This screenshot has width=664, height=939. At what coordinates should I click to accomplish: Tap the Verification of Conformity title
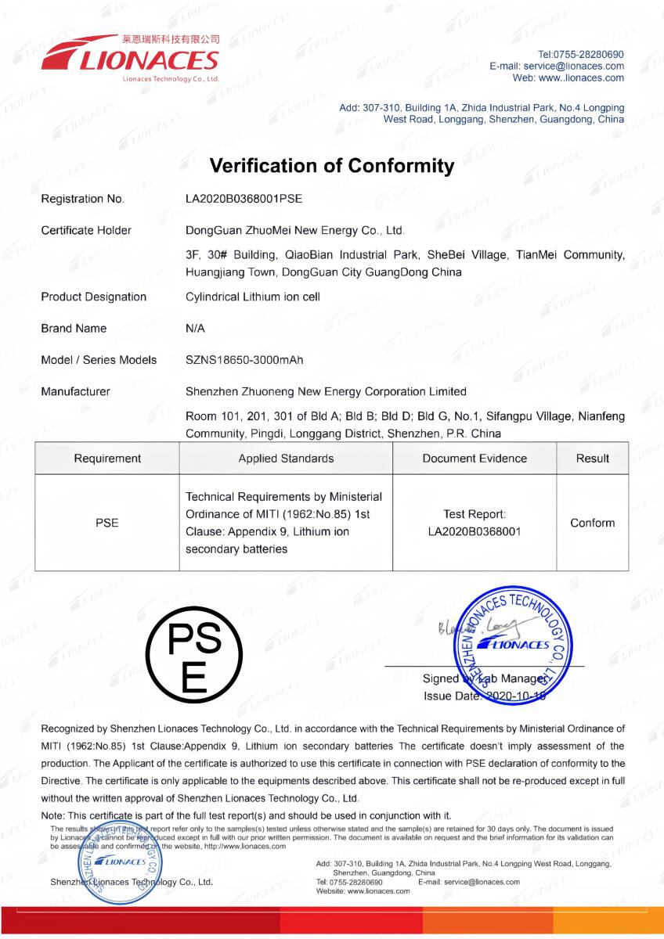[332, 166]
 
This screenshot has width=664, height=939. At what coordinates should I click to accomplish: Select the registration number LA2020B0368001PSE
[244, 199]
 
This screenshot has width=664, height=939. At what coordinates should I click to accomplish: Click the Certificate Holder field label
[86, 230]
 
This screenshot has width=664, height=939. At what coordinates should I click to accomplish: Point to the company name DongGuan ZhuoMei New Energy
[294, 230]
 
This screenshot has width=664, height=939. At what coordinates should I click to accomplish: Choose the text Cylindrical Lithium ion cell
[253, 297]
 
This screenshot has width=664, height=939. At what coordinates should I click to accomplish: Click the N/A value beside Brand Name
[196, 329]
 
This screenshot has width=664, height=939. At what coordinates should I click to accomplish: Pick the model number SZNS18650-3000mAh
[244, 360]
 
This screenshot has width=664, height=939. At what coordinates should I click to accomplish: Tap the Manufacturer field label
[75, 391]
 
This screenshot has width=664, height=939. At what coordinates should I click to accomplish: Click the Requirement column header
[107, 459]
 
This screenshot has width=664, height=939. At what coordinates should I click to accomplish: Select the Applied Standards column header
[286, 459]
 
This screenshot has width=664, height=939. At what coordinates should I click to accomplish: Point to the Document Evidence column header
[475, 459]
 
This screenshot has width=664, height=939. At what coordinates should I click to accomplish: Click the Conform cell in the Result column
[592, 523]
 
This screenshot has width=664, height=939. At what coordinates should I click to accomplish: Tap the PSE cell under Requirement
[107, 523]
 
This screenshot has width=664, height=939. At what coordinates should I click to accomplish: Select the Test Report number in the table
[475, 532]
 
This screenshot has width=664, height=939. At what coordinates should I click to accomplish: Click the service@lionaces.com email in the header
[574, 67]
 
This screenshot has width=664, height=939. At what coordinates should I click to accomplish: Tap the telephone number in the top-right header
[581, 55]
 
